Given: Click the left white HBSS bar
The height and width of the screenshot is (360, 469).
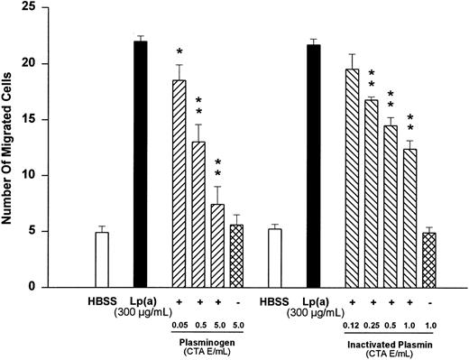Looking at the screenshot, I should pos(102,259).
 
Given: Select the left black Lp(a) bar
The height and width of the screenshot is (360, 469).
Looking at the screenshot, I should pos(140,163).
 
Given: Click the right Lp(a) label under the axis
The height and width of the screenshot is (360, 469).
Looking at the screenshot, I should pos(312,300).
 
